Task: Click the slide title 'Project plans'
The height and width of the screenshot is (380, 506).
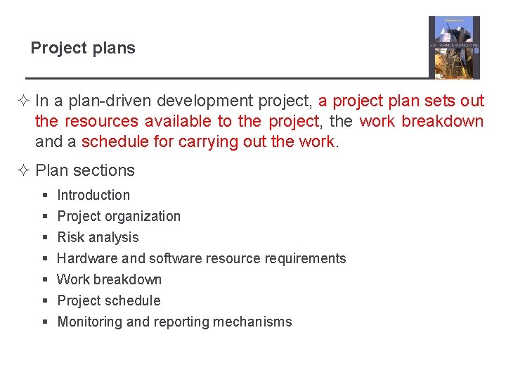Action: (83, 49)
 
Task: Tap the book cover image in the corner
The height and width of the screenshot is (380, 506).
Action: (454, 48)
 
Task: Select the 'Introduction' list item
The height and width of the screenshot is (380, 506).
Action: (93, 195)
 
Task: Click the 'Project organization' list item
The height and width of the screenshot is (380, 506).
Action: (119, 216)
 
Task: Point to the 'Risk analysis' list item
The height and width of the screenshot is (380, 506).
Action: (98, 237)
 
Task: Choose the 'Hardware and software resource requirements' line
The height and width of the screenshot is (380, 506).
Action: (201, 258)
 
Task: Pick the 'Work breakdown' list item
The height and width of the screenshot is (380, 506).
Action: (109, 279)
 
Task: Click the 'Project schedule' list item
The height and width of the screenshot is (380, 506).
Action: (109, 300)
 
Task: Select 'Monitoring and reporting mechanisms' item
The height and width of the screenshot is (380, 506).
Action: (174, 322)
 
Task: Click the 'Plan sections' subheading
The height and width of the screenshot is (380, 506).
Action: (84, 170)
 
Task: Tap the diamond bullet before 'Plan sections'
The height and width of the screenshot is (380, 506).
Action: (26, 170)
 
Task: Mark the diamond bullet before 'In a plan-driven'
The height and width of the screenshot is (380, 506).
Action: (26, 101)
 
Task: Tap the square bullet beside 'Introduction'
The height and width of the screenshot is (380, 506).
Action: (44, 196)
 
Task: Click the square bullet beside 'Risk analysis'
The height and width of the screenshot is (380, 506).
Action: (44, 238)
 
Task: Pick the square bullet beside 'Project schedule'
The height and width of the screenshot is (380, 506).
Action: (44, 301)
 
